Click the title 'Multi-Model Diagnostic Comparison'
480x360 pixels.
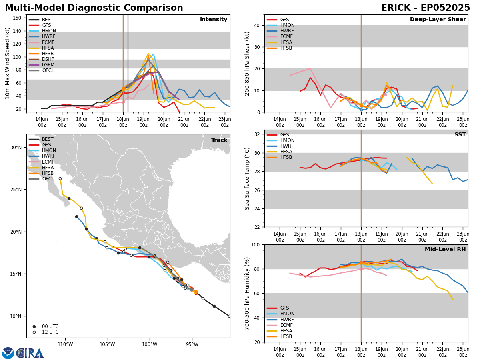(x=94, y=8)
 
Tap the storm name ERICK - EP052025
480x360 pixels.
(x=425, y=8)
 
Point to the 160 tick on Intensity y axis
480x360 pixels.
(x=17, y=18)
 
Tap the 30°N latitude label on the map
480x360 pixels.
(x=16, y=147)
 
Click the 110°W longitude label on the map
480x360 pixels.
(x=65, y=344)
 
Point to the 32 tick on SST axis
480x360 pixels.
(x=257, y=134)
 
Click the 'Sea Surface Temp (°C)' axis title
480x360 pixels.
(x=247, y=178)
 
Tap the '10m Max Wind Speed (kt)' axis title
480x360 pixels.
(x=7, y=63)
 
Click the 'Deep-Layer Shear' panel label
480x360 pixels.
(x=438, y=19)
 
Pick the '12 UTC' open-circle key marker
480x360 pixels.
(x=34, y=332)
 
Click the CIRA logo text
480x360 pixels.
(x=30, y=353)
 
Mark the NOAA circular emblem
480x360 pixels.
(x=8, y=353)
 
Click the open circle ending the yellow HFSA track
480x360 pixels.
(x=60, y=178)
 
